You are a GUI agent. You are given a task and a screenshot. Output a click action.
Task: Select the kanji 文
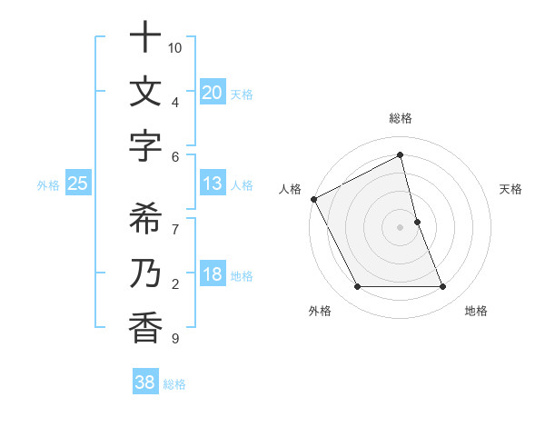coord(145,93)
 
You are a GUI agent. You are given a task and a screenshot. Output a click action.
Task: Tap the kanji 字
coord(145,146)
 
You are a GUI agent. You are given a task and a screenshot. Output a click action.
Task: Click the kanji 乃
coord(145,273)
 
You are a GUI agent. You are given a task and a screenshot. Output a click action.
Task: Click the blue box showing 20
coord(212,92)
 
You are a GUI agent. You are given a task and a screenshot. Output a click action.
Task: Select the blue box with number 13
coord(212,184)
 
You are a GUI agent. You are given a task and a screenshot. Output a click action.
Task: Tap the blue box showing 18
coord(212,275)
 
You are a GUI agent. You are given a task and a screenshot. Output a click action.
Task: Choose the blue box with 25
coord(77,184)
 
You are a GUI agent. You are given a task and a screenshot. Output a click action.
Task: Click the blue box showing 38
coord(144,382)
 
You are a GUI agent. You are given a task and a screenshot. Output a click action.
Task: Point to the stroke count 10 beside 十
coord(175,47)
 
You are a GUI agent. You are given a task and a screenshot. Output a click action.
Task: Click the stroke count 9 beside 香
coord(175,339)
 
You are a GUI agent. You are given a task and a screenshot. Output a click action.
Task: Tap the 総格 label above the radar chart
coord(401,118)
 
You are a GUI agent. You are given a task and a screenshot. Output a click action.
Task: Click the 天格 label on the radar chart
coord(510,189)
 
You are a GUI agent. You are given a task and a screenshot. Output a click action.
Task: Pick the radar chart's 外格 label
coord(320,311)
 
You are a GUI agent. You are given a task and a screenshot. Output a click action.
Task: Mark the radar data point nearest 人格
coord(313,198)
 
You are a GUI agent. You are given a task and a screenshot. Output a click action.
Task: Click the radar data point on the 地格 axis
coord(442,287)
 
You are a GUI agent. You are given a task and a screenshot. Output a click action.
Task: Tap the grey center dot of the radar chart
coord(400,226)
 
